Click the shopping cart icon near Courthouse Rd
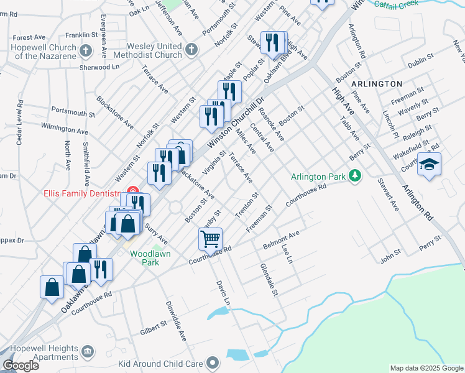(x=211, y=239)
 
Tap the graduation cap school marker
(x=429, y=164)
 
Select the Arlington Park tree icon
(x=355, y=177)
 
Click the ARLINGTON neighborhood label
(x=377, y=83)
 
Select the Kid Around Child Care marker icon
(x=213, y=362)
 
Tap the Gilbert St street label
(x=154, y=328)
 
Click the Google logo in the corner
(x=21, y=365)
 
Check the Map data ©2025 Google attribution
(x=426, y=368)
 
